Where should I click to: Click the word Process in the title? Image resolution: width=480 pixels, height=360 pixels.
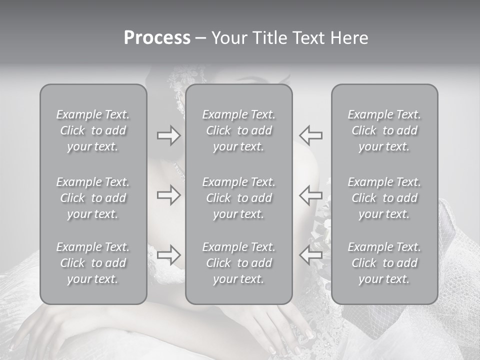tap(157, 38)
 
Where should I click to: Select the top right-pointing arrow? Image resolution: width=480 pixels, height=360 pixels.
tap(168, 136)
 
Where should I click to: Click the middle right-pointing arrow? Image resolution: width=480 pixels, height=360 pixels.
tap(168, 195)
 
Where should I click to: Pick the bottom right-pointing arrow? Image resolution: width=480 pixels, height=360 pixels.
tap(168, 254)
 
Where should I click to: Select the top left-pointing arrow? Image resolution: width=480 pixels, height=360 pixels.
tap(311, 136)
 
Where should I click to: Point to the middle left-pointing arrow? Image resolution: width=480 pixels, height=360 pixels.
tap(311, 195)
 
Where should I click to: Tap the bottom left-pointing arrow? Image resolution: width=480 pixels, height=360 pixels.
tap(311, 254)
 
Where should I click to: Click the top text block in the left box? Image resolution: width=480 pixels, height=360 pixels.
tap(93, 130)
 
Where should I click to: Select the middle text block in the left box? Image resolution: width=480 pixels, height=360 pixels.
tap(93, 198)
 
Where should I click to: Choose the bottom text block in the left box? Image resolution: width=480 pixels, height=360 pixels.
tap(93, 263)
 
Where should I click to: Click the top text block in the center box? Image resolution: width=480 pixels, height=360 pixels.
tap(239, 130)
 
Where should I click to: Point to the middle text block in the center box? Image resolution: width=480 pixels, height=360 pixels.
tap(239, 198)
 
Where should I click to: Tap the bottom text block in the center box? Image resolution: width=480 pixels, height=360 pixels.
tap(239, 263)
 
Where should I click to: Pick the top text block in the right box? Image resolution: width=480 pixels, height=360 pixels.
tap(384, 130)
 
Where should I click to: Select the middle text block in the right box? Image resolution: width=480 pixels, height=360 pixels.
tap(384, 198)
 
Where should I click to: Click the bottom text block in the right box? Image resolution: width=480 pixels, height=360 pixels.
tap(384, 263)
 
